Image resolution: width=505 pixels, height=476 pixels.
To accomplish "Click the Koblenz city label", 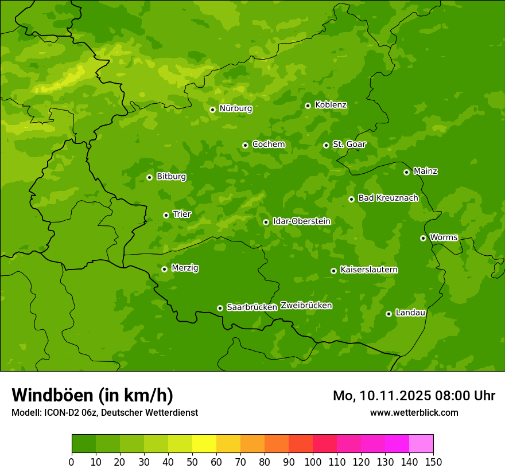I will pyautogui.click(x=331, y=105).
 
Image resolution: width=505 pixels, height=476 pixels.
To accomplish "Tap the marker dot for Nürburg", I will pyautogui.click(x=212, y=110).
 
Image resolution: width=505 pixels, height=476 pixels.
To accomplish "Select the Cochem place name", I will pyautogui.click(x=268, y=144).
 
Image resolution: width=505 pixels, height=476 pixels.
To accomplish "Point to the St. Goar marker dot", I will pyautogui.click(x=326, y=145).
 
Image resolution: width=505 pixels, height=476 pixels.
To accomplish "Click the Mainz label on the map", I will pyautogui.click(x=425, y=171).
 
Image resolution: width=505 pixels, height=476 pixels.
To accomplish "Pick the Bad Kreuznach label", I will pyautogui.click(x=388, y=198).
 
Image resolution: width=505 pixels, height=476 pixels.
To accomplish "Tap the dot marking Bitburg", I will pyautogui.click(x=149, y=177).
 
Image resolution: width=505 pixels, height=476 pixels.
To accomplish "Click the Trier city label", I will pyautogui.click(x=181, y=214).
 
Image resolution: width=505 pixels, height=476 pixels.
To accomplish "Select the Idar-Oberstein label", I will pyautogui.click(x=301, y=221).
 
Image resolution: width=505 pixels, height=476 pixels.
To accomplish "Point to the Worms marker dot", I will pyautogui.click(x=423, y=238).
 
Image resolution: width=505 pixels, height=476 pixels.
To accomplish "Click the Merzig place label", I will pyautogui.click(x=185, y=268).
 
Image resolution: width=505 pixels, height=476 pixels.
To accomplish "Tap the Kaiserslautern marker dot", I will pyautogui.click(x=333, y=271).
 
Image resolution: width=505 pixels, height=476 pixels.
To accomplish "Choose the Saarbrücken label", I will pyautogui.click(x=251, y=307).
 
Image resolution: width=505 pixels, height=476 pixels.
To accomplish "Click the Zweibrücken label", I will pyautogui.click(x=306, y=305).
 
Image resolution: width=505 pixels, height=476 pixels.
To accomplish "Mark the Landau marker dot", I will pyautogui.click(x=389, y=314).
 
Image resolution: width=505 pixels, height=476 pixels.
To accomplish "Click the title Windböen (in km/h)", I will pyautogui.click(x=92, y=395).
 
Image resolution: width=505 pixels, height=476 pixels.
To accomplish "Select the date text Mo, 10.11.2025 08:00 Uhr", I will pyautogui.click(x=414, y=396).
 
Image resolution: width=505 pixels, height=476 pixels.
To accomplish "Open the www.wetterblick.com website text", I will pyautogui.click(x=414, y=412).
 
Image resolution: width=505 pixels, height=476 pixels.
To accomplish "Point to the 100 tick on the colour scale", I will pyautogui.click(x=313, y=462).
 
